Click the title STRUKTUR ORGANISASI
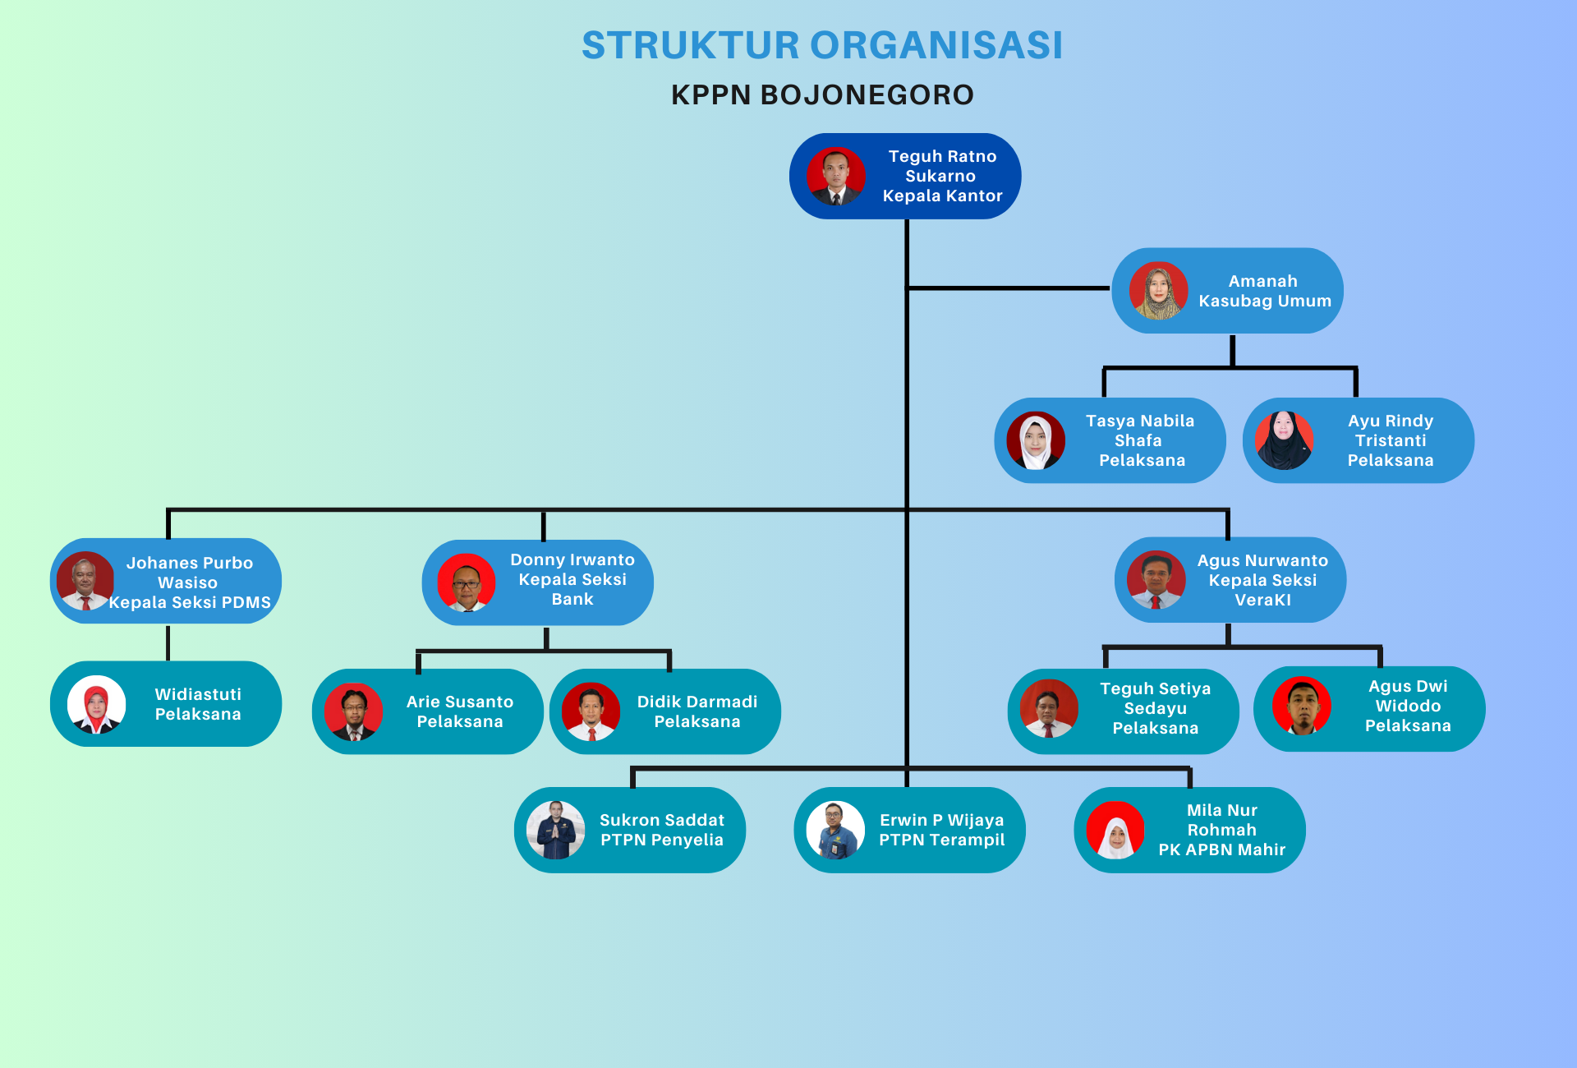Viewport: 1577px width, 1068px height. [822, 45]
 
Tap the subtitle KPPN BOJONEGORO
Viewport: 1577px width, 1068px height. [822, 95]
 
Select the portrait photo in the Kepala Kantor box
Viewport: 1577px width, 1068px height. [835, 177]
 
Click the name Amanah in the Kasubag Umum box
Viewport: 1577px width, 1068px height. [1262, 281]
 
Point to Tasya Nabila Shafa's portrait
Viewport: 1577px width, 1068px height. [1036, 440]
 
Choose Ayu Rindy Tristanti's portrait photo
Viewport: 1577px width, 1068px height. [1284, 440]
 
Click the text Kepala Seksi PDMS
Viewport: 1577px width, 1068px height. [190, 602]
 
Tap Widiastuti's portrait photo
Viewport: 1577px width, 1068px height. [96, 704]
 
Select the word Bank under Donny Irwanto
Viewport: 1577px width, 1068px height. [572, 600]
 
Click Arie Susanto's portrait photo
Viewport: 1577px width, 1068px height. [354, 711]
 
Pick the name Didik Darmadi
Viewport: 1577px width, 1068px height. [697, 702]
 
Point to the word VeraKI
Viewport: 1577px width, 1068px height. [1262, 601]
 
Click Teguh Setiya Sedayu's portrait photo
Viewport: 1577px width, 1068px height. [1048, 708]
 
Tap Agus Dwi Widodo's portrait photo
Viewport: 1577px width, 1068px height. [1301, 706]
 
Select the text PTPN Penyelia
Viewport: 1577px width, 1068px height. [662, 840]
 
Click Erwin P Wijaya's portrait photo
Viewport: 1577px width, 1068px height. [835, 830]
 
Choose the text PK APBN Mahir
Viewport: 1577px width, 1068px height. [1221, 849]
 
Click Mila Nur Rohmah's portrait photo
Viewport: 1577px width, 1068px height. [1115, 830]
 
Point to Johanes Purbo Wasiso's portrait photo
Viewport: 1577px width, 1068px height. [85, 581]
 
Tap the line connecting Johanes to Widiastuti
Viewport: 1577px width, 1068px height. [168, 642]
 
